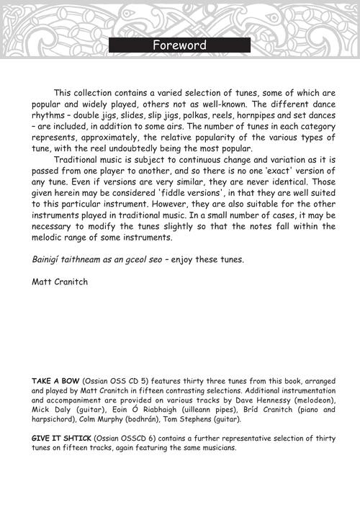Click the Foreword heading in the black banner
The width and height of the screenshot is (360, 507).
click(179, 45)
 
